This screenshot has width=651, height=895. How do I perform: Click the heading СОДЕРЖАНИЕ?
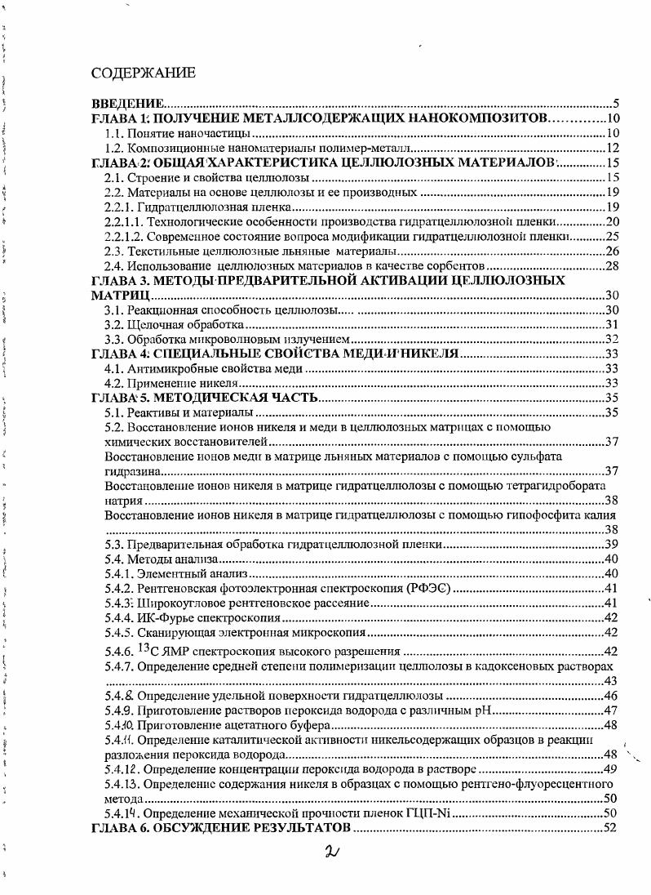143,73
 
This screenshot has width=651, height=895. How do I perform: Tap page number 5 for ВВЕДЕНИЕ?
617,105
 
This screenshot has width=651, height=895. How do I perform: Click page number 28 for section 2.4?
613,266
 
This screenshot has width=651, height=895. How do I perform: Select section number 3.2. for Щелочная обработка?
115,325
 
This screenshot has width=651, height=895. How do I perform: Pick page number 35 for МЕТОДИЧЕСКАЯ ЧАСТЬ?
613,399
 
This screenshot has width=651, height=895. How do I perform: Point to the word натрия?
123,501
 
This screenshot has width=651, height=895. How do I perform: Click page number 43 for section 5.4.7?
613,681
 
